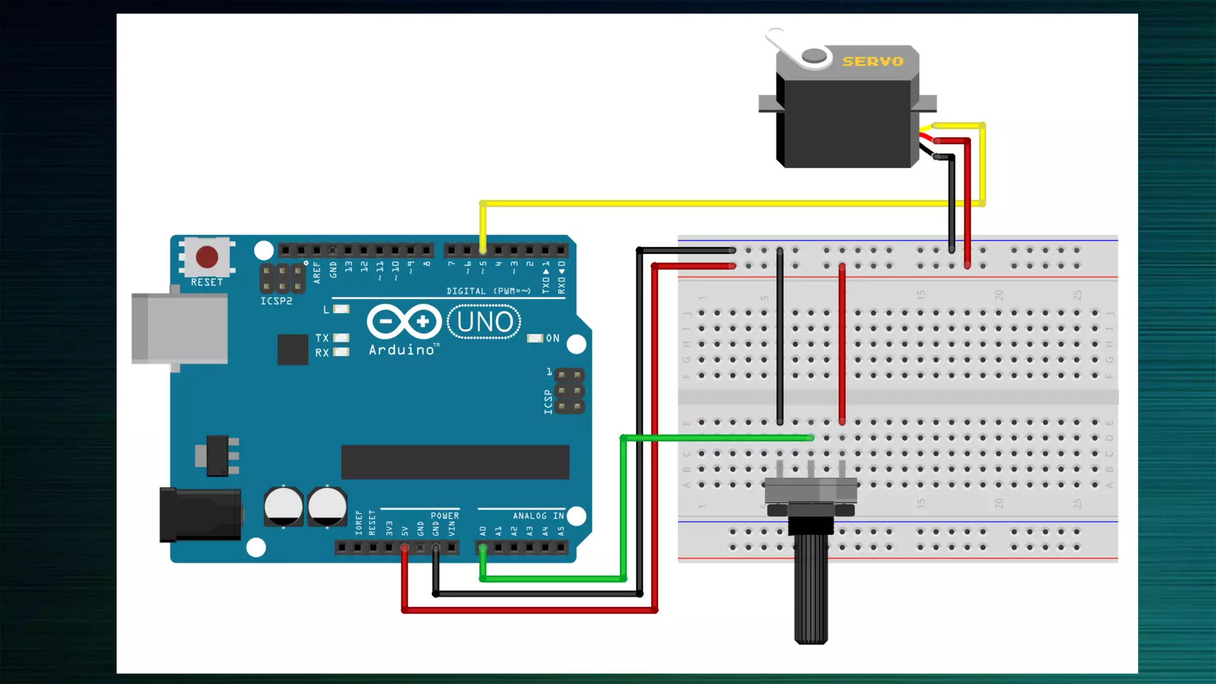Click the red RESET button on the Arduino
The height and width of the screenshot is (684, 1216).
pos(207,257)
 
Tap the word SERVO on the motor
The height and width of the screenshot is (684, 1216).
pos(872,61)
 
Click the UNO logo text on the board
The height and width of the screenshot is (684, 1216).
pos(484,322)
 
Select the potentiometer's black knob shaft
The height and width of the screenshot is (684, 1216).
pos(810,588)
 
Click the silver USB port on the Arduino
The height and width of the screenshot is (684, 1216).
pos(179,328)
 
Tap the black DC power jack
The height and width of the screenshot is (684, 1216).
pos(201,515)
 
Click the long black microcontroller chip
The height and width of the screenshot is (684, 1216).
pos(455,462)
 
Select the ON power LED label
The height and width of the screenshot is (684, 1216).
pos(553,338)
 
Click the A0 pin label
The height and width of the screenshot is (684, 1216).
pos(483,530)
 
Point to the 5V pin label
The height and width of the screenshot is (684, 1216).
pos(405,530)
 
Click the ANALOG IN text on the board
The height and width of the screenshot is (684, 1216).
pos(538,516)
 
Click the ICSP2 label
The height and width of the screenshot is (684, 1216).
pos(276,301)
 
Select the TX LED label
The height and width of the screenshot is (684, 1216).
pos(322,338)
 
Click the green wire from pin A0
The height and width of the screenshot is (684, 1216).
pos(552,578)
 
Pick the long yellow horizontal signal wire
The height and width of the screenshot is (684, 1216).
pos(712,204)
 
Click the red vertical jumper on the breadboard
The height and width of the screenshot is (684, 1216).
pos(842,344)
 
